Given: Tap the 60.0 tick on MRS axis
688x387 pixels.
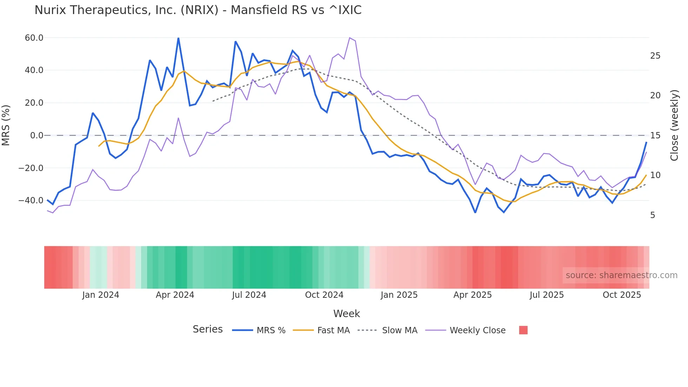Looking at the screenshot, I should (x=34, y=38).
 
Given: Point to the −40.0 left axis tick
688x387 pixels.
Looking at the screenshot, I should (x=31, y=201).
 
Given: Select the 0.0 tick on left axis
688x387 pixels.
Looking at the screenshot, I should (x=37, y=136).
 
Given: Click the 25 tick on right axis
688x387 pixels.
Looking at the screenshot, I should (x=655, y=56).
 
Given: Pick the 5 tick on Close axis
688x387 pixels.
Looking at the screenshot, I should (x=653, y=215).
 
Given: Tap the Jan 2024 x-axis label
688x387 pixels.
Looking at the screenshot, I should (x=101, y=295).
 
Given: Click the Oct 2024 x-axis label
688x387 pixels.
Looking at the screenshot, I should (x=324, y=295).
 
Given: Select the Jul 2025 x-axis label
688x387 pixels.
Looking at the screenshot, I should (x=547, y=295).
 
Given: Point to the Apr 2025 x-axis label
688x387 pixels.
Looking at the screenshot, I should (x=472, y=295).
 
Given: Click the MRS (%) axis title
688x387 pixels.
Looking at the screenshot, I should (x=6, y=125).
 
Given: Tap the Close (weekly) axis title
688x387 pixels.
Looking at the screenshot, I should (x=674, y=125).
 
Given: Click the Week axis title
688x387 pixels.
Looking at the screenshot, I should (x=346, y=314).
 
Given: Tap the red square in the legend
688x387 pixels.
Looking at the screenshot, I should (x=523, y=330).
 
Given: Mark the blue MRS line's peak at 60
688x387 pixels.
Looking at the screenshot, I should (x=178, y=38).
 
